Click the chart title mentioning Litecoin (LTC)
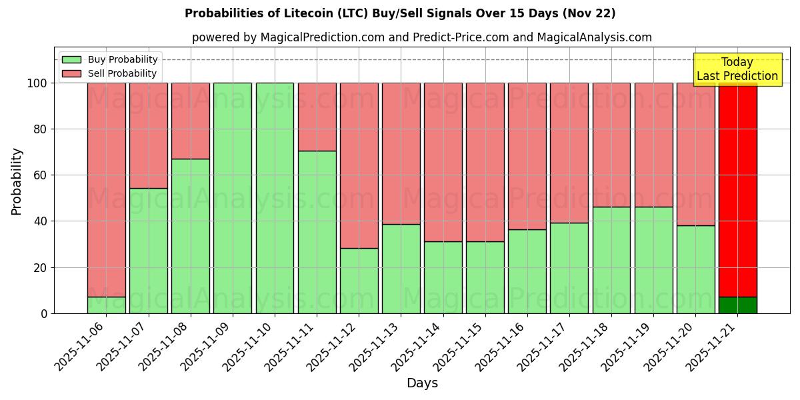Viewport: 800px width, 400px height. coord(400,13)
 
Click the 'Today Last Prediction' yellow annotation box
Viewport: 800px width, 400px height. coord(737,69)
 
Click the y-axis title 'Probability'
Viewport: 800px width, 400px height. coord(17,181)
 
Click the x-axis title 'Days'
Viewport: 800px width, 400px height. coord(422,383)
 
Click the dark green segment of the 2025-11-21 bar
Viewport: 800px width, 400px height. coord(737,305)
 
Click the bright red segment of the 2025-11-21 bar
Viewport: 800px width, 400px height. coord(737,187)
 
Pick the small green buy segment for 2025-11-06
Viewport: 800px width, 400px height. coord(107,305)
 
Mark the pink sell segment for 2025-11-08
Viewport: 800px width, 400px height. coord(191,120)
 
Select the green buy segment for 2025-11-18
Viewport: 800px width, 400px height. coord(611,260)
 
